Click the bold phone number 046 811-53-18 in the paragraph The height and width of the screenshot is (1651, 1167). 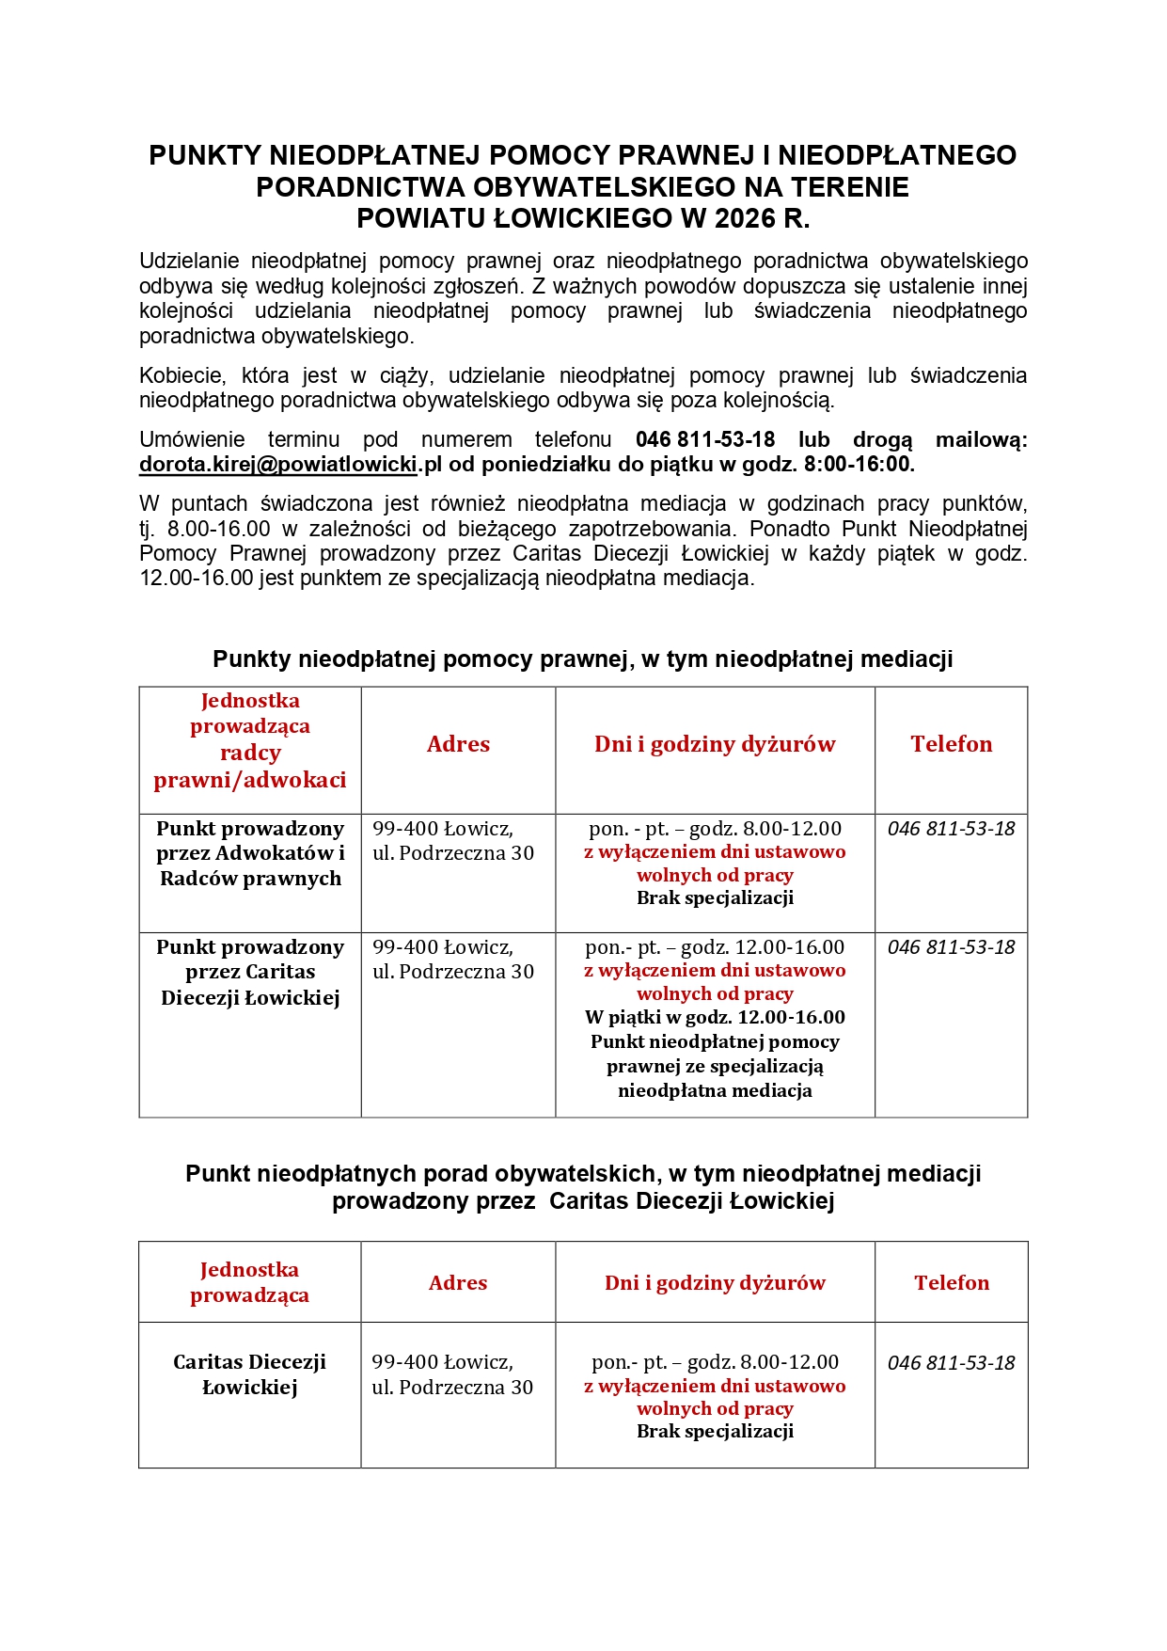point(704,439)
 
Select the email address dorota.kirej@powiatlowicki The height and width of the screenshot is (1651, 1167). point(278,465)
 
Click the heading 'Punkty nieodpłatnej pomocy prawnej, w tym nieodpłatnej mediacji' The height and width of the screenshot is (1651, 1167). point(582,659)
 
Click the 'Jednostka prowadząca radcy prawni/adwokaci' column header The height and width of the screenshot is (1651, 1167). point(250,740)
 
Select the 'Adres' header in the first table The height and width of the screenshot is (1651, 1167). point(458,744)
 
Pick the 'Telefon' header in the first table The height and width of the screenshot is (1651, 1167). point(951,744)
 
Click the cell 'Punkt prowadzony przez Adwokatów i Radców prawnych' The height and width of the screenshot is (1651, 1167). point(250,853)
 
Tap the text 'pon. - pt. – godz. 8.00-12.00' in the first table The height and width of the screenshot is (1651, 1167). point(715,829)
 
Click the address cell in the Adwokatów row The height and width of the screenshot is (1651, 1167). point(452,841)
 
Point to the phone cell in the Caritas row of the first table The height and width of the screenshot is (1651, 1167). point(951,947)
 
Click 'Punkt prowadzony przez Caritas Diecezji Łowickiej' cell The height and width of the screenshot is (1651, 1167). point(250,972)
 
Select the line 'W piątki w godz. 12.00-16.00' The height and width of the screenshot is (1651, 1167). point(715,1018)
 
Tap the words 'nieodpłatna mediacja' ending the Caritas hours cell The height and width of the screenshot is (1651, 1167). point(715,1091)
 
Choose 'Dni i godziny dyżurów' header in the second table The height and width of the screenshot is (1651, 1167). point(715,1283)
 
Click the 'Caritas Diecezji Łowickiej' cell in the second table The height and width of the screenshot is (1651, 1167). point(250,1374)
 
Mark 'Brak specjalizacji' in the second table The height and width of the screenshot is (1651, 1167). point(715,1432)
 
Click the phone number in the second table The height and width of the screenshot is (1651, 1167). point(951,1363)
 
